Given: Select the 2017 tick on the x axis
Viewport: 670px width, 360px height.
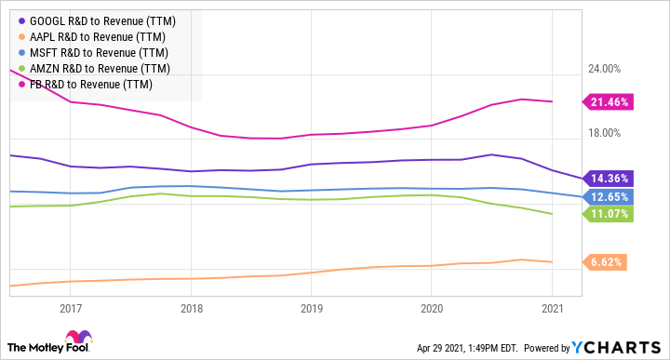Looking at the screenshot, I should (x=71, y=308).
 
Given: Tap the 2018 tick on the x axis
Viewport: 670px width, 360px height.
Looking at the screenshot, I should (x=191, y=308).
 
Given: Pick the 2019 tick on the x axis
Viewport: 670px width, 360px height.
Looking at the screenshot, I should (x=311, y=308).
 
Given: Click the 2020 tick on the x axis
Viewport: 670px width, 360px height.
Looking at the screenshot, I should (x=432, y=308).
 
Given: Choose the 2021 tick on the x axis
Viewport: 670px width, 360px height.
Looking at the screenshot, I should (x=552, y=308).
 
